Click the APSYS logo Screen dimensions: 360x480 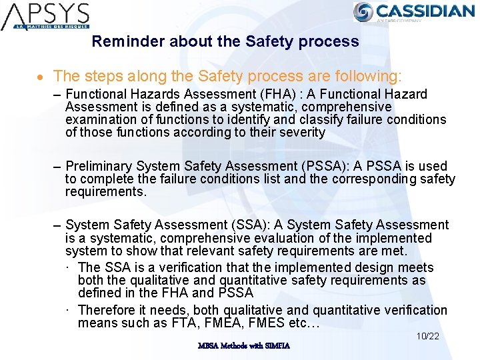click(46, 16)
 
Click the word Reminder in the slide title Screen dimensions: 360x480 click(128, 41)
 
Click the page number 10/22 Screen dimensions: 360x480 click(427, 336)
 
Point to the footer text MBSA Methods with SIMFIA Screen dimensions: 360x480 click(243, 345)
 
